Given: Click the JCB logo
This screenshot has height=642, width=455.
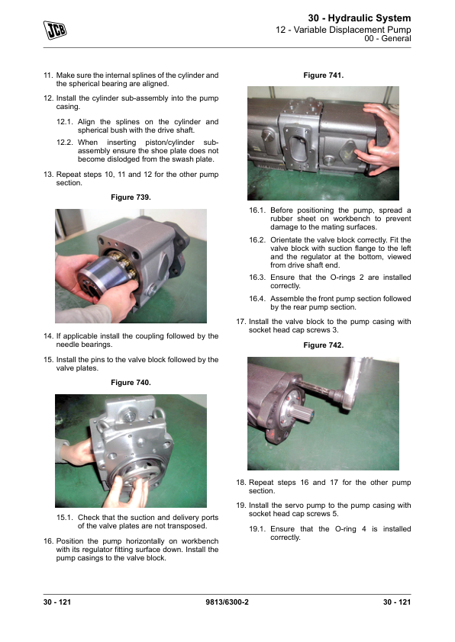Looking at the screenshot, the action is [54, 30].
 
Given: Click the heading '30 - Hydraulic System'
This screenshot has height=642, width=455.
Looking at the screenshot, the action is [359, 18].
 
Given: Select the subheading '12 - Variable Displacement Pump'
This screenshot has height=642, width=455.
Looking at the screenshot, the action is [343, 30].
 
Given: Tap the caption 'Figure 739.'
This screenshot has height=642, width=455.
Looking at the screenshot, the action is [131, 197].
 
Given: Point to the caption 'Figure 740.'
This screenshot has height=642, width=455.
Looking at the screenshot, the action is [131, 383].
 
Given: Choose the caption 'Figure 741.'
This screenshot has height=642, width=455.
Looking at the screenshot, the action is [323, 75].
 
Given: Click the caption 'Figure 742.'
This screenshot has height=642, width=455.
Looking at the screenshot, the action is [323, 345].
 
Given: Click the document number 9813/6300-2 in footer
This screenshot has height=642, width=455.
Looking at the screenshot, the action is [227, 602].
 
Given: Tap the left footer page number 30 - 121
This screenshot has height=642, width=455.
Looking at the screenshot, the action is [57, 602].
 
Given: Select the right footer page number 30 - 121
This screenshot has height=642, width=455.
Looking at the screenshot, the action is [397, 602].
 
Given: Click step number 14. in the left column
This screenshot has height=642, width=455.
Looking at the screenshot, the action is [48, 336].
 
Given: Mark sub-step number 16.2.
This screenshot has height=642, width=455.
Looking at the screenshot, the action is [257, 240].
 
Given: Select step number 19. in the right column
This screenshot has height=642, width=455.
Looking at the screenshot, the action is [241, 506].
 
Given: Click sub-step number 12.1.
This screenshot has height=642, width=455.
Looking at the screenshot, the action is [64, 122].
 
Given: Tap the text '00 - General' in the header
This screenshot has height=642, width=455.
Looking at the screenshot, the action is [387, 38].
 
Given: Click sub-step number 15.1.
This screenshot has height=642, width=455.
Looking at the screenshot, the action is [64, 518].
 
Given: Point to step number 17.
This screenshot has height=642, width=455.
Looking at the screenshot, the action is [241, 322].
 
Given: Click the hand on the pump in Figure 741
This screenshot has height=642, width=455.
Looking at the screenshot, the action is [379, 140].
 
